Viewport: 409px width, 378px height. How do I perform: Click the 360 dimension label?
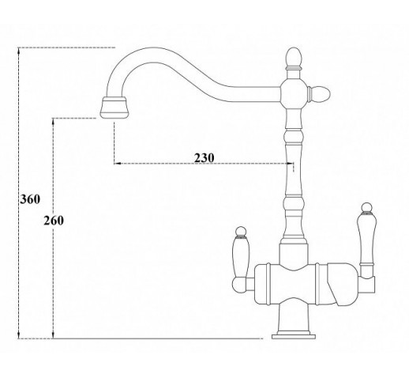(30, 199)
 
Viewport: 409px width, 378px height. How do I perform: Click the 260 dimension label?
(54, 221)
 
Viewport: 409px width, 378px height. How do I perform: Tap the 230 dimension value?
(204, 158)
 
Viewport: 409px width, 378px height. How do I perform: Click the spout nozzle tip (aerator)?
(114, 108)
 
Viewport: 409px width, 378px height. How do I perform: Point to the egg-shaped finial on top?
(294, 57)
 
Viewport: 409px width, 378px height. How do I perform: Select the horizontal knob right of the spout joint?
(320, 94)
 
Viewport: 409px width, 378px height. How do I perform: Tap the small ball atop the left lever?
(241, 231)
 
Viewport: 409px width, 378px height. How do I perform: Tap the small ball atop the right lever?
(366, 207)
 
